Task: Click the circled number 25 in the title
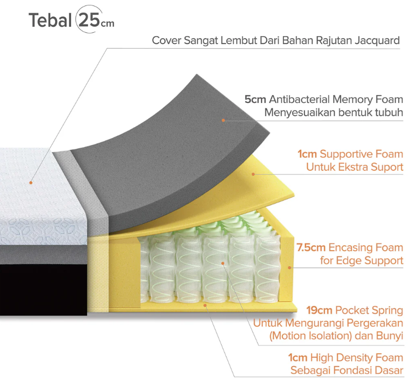(89, 20)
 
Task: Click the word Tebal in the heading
(50, 20)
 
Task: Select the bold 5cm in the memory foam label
(255, 100)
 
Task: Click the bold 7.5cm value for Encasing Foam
(311, 247)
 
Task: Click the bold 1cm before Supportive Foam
(307, 154)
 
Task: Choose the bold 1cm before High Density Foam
(298, 358)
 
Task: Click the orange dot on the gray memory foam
(223, 120)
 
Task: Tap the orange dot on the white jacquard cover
(31, 183)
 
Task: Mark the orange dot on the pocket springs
(223, 263)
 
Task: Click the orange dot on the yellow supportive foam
(253, 174)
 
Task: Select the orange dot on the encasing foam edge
(289, 268)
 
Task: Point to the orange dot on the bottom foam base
(205, 305)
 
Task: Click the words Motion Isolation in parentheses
(311, 336)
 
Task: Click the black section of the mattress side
(43, 290)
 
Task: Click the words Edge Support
(369, 261)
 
